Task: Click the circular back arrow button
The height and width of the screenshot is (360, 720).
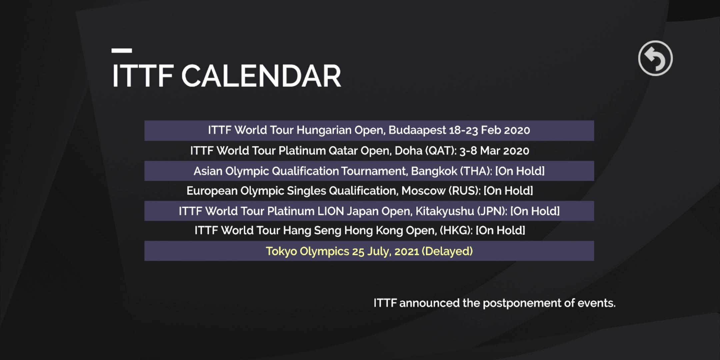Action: pos(655,58)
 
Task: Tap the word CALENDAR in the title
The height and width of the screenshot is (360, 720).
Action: pos(261,76)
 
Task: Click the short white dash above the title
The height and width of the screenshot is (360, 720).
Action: pos(122,51)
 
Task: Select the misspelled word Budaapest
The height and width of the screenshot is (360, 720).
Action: pos(417,130)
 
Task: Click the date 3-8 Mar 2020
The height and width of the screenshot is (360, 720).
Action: pos(494,151)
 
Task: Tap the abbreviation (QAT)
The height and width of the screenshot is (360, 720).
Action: pos(440,151)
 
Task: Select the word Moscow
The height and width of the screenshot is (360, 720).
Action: pos(423,191)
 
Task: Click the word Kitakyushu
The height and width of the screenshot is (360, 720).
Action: pos(445,211)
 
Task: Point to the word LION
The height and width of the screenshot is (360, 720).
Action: pos(330,211)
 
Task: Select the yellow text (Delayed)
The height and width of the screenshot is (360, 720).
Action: pos(447,251)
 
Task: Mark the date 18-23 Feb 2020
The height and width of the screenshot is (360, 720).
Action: pos(489,130)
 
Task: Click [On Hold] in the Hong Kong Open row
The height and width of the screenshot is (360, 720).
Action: pos(500,230)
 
